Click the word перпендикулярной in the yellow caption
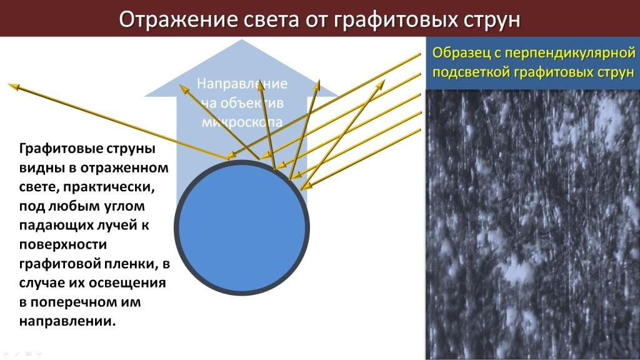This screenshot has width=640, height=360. [570, 54]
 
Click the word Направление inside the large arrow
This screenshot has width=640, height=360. [242, 84]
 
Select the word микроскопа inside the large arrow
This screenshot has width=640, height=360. [242, 122]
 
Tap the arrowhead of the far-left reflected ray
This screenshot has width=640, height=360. [14, 86]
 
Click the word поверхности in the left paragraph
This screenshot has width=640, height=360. [63, 244]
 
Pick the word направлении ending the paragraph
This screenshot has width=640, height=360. [67, 321]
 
